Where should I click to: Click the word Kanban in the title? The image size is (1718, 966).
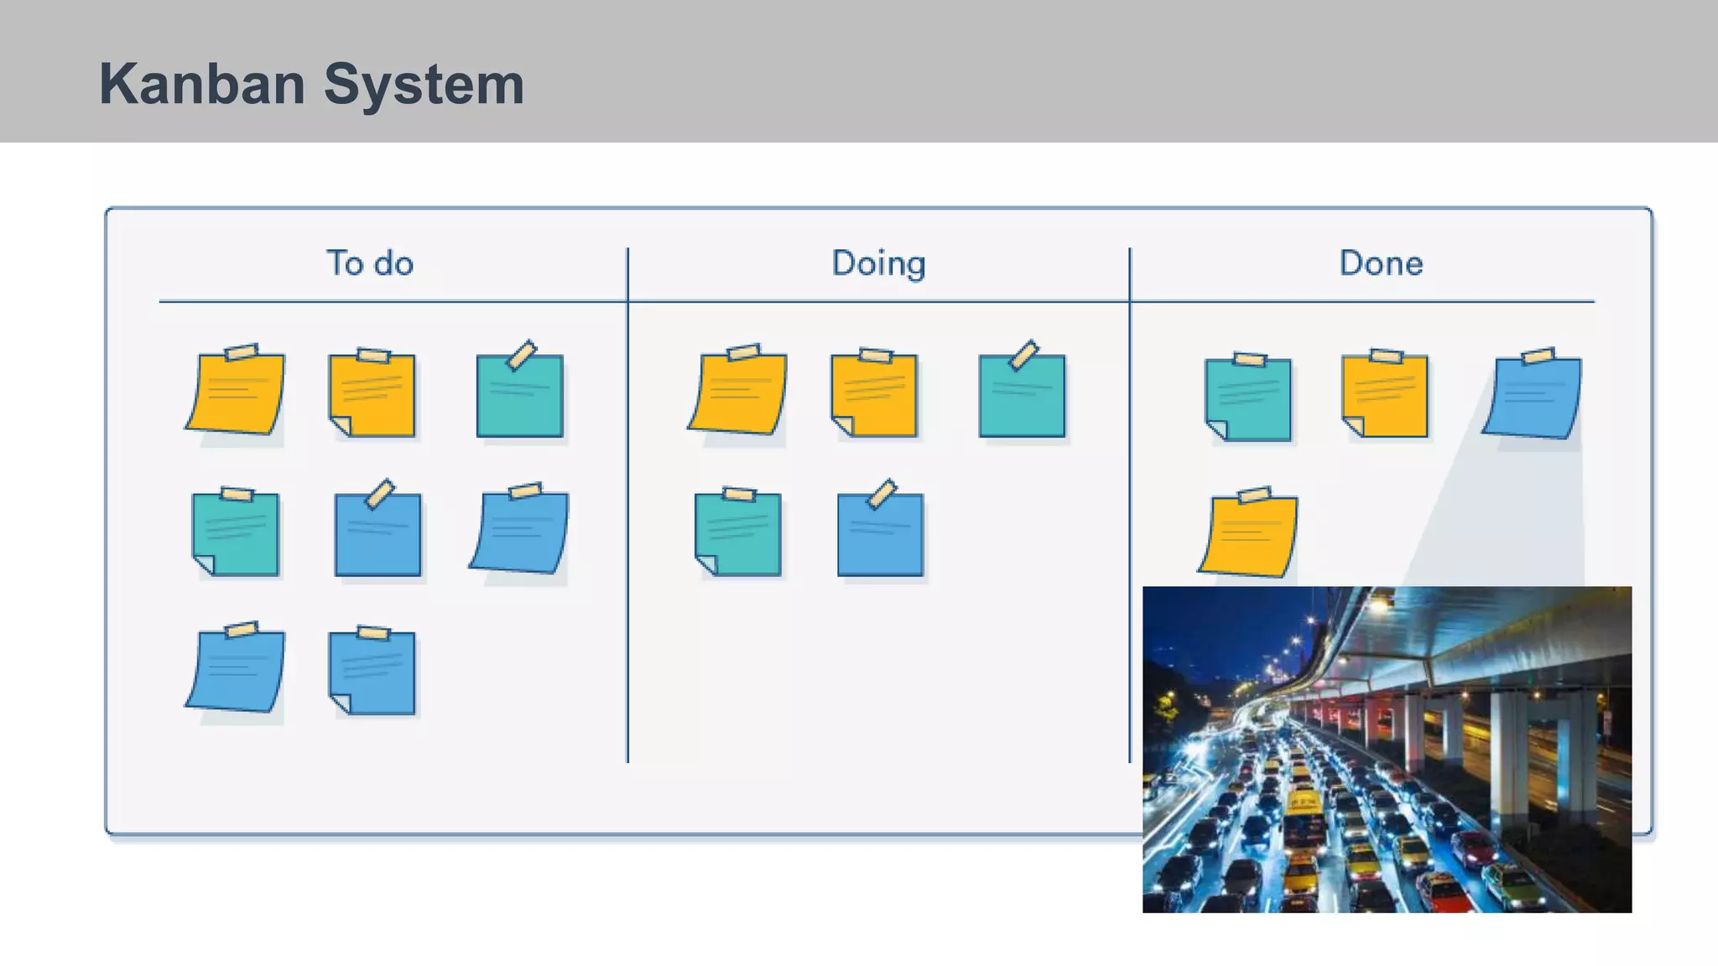pyautogui.click(x=201, y=85)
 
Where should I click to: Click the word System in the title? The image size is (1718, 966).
pyautogui.click(x=424, y=85)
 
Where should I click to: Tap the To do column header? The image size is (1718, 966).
pyautogui.click(x=370, y=263)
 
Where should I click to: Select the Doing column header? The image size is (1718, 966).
pyautogui.click(x=878, y=263)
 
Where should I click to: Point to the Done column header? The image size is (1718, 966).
pyautogui.click(x=1381, y=263)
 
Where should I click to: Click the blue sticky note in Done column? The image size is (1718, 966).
pyautogui.click(x=1532, y=397)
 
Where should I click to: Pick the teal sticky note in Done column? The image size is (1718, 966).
pyautogui.click(x=1249, y=398)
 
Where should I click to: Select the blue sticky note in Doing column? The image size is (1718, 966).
pyautogui.click(x=880, y=533)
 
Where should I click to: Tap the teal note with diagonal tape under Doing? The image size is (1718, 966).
pyautogui.click(x=1022, y=395)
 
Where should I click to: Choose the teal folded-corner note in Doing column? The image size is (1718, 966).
pyautogui.click(x=738, y=534)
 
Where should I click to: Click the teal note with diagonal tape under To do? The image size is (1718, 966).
pyautogui.click(x=519, y=395)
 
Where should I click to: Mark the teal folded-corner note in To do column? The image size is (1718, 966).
pyautogui.click(x=236, y=534)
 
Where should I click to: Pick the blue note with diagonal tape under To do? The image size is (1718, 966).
pyautogui.click(x=377, y=533)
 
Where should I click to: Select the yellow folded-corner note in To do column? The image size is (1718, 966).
pyautogui.click(x=372, y=395)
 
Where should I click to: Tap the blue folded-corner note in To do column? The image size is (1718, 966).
pyautogui.click(x=372, y=673)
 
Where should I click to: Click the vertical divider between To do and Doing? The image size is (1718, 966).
pyautogui.click(x=627, y=503)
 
